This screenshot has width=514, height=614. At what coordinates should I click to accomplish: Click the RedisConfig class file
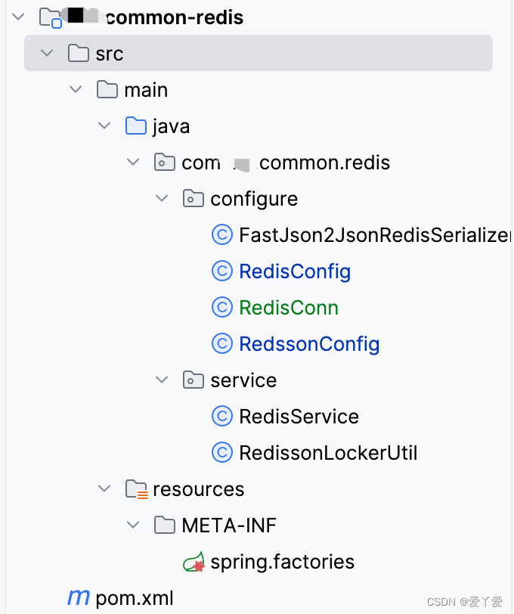[294, 271]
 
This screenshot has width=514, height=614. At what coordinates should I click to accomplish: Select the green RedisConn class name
[288, 308]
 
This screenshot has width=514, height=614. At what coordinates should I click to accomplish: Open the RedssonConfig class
[308, 344]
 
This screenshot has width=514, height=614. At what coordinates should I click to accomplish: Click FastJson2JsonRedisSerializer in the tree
[374, 235]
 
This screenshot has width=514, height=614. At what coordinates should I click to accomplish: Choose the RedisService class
[299, 417]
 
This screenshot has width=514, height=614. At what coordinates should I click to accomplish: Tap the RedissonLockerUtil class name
[327, 453]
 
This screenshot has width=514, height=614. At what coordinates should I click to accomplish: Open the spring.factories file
[282, 562]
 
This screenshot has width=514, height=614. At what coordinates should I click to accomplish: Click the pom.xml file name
[134, 599]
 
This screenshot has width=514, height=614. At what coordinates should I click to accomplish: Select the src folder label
[109, 54]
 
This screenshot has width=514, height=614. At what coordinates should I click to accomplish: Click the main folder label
[145, 90]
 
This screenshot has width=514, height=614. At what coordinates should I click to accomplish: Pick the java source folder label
[170, 126]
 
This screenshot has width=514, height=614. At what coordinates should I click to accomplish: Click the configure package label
[254, 199]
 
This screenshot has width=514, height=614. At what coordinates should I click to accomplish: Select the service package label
[243, 380]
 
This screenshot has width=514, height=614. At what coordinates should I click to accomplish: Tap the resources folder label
[198, 489]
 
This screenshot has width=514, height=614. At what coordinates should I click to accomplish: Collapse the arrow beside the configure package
[162, 199]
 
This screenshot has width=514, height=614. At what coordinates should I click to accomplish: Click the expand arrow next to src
[47, 54]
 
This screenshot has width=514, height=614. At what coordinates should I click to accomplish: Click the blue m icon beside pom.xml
[78, 598]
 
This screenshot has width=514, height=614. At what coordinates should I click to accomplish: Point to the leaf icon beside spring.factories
[194, 562]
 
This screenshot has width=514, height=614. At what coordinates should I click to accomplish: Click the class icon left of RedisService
[221, 417]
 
